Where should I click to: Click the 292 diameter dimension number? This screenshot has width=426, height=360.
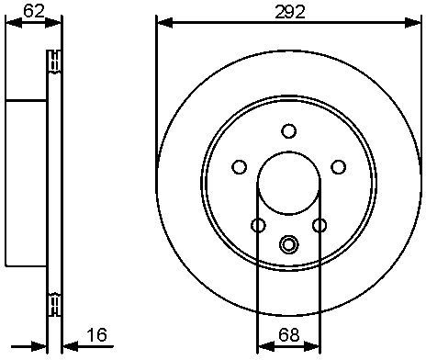[x=290, y=12]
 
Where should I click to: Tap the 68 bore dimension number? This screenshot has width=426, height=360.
[x=288, y=334]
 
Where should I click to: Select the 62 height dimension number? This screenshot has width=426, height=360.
[x=34, y=12]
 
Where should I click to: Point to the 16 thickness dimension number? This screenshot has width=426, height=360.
[x=96, y=334]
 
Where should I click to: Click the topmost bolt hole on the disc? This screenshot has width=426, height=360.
[x=288, y=130]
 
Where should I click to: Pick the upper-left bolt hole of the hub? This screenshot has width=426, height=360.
[x=240, y=167]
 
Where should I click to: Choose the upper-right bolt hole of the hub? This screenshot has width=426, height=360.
[x=339, y=167]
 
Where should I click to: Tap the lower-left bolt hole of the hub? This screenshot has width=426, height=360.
[x=258, y=226]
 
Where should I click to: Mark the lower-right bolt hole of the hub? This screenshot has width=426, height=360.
[x=319, y=226]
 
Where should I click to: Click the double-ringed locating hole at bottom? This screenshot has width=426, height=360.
[x=288, y=244]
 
